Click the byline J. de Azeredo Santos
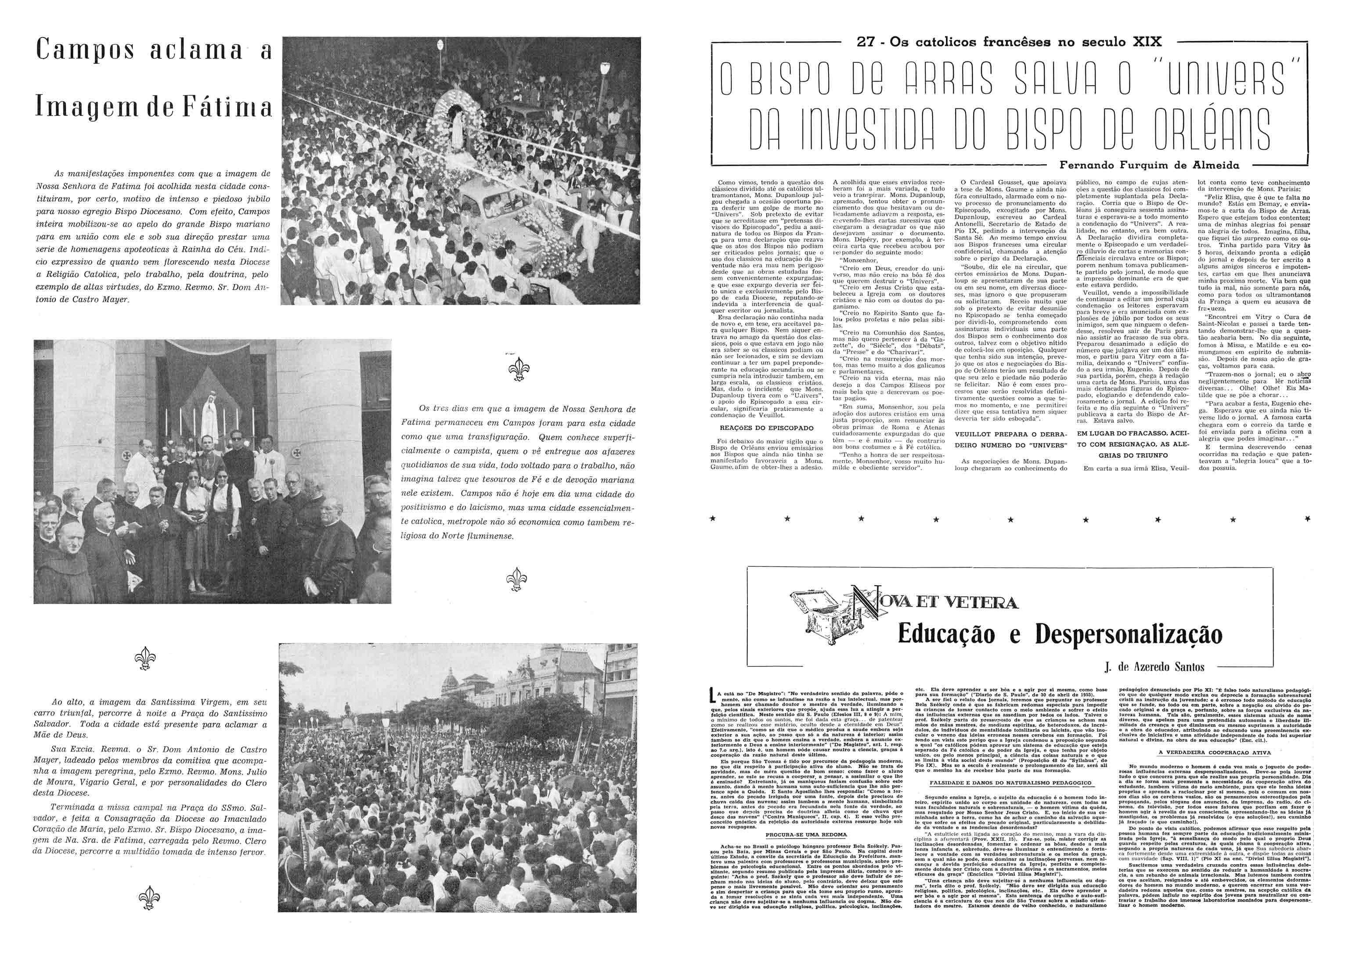pos(1154,666)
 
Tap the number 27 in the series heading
pos(867,42)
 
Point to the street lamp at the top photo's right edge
pos(605,73)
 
